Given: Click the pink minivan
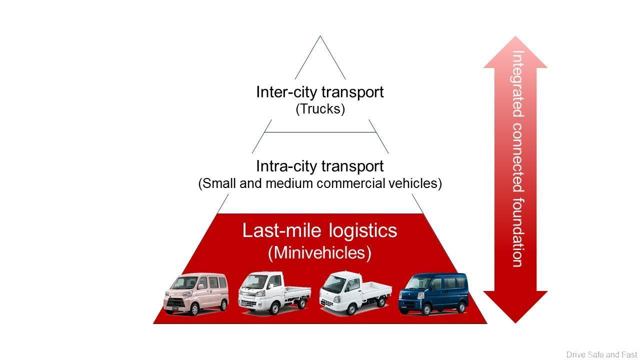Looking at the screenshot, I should [196, 293].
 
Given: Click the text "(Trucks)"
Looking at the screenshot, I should [320, 109].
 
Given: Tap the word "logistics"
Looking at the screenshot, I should [363, 231].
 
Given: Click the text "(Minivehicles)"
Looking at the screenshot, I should [320, 253].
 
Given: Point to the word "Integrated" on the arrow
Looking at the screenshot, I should [518, 83].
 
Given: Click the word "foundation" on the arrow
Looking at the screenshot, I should [518, 232].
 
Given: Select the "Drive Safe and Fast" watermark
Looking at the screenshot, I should [601, 354].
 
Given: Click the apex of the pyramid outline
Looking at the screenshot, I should [320, 36].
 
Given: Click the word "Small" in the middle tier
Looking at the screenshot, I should [218, 183].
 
